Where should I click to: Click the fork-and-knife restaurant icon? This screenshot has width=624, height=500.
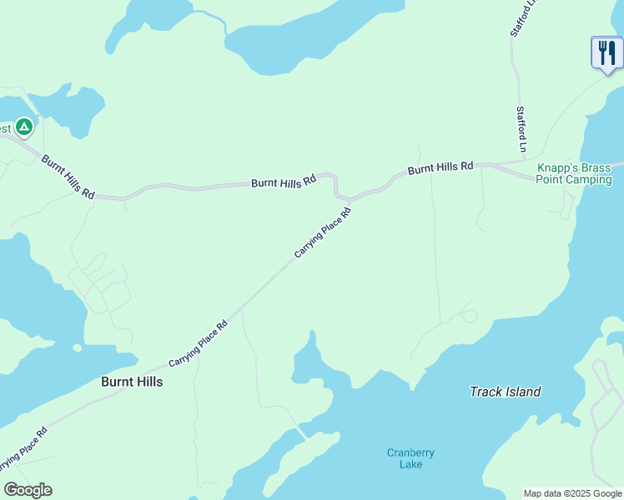coord(606,53)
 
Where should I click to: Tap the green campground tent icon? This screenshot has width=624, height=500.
coord(24,127)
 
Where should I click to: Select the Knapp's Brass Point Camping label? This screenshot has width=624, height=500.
coord(576,173)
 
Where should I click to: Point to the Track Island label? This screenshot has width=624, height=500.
coord(505,392)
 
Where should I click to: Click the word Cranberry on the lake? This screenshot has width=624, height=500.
coord(410,453)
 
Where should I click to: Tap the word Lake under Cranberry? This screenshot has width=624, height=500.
coord(410,464)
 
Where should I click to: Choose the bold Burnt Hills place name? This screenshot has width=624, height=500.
coord(131,382)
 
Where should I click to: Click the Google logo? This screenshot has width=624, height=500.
coord(28,490)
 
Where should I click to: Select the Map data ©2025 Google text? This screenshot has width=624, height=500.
coord(573,493)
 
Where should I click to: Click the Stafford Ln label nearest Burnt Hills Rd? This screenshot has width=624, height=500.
coord(521,129)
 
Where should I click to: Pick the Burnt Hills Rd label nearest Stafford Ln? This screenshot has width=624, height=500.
coord(440,168)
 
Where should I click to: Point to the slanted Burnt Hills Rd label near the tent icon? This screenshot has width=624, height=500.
coord(68,177)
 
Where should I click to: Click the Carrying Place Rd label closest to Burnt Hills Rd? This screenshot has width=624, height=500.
coord(322,232)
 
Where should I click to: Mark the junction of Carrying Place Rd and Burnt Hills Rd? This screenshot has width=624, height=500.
coord(349,200)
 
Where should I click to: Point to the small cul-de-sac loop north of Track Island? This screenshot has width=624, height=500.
coord(468,316)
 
